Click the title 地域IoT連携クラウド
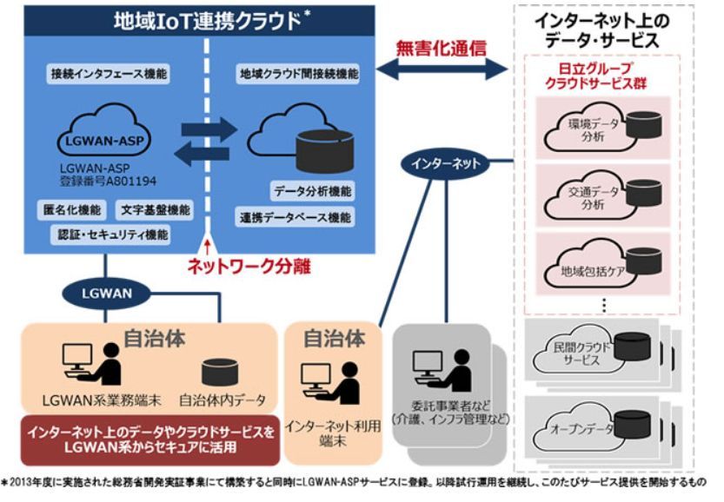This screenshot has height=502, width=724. point(208,19)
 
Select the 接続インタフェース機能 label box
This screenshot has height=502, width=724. point(109,75)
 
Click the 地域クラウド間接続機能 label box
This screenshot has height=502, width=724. point(298,75)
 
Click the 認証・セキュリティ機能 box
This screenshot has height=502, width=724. point(109,234)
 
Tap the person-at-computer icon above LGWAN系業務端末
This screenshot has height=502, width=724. point(90,363)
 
